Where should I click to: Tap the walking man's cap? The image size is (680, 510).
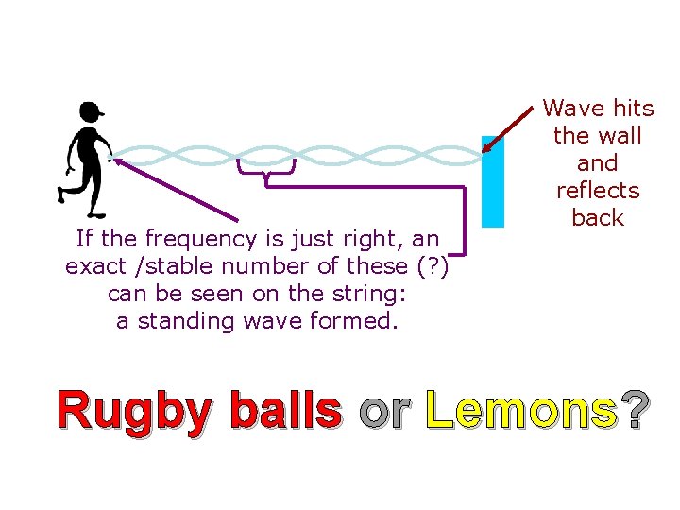92,110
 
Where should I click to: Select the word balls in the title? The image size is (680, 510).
285,411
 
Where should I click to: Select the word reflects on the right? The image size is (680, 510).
598,191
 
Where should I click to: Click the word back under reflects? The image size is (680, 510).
598,218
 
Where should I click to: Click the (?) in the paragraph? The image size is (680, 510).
432,266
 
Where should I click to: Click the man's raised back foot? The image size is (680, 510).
63,196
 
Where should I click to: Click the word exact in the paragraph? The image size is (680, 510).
94,266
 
